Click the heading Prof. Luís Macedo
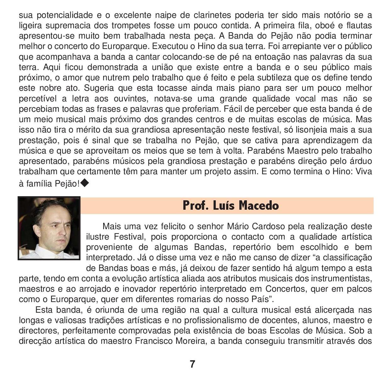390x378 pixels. click(231, 206)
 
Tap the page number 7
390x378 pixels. click(192, 364)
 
